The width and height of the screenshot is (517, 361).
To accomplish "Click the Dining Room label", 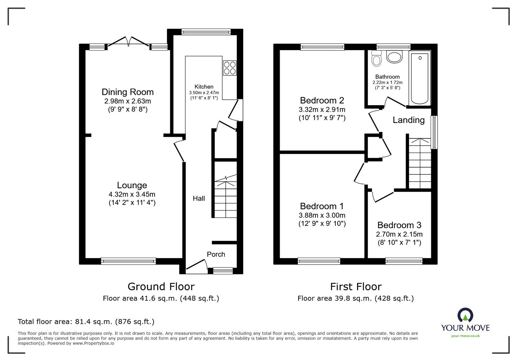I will tap(128, 92).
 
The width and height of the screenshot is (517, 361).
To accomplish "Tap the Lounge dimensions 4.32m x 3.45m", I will tap(132, 194).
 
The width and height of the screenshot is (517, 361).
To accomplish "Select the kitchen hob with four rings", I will tap(229, 68).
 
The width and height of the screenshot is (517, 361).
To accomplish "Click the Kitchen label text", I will tap(204, 86).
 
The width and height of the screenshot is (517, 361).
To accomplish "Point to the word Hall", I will tap(199, 198).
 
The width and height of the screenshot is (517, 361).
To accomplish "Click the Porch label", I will tap(216, 254).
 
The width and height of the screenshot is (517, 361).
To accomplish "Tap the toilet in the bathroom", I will tap(376, 59).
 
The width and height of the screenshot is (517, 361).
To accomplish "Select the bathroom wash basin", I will tap(394, 57).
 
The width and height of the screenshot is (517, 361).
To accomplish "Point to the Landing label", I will tap(408, 120).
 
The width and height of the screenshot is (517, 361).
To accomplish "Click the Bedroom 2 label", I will tap(322, 100).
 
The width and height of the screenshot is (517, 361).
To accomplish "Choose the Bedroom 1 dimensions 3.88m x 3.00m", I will tap(322, 215).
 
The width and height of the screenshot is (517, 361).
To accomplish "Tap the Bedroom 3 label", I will tap(399, 225).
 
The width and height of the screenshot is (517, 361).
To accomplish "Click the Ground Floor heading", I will tap(161, 286).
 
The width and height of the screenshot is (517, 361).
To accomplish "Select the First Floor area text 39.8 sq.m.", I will tap(355, 298).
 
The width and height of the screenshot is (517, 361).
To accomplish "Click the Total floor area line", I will tap(86, 322).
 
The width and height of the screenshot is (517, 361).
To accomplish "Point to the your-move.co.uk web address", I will tap(465, 336).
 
